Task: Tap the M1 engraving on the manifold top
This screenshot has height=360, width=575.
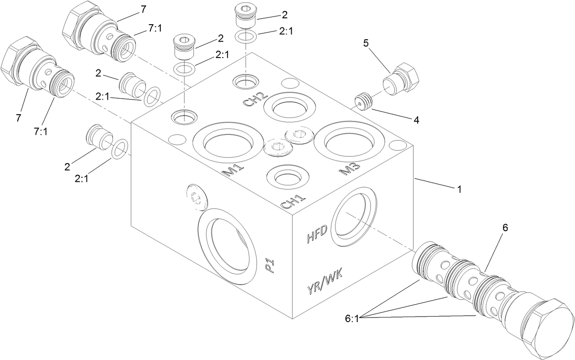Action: click(x=233, y=170)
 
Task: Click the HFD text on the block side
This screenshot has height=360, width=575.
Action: click(x=317, y=235)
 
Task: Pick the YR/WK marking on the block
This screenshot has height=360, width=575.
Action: click(x=325, y=281)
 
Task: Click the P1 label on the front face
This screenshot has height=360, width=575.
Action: click(x=270, y=266)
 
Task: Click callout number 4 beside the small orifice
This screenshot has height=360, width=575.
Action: click(x=415, y=121)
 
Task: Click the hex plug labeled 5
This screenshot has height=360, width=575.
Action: click(x=401, y=80)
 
